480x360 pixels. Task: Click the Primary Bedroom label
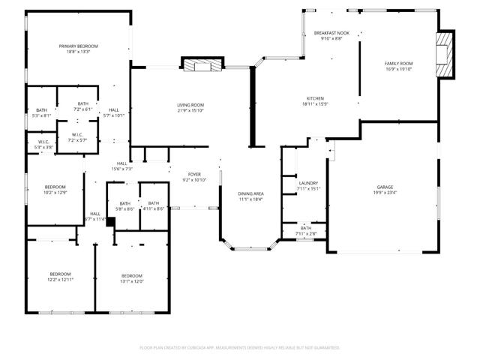tap(79, 46)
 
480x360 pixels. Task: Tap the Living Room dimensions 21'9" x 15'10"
tap(190, 111)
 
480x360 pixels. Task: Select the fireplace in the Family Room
tap(447, 55)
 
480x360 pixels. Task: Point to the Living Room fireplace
tap(203, 65)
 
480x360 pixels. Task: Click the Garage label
tap(385, 187)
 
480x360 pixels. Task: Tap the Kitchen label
tap(314, 98)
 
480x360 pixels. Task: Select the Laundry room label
tap(308, 183)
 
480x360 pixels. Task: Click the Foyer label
tap(193, 175)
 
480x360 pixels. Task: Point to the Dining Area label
tap(251, 193)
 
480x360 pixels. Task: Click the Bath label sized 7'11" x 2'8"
tap(306, 228)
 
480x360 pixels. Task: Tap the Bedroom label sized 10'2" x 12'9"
tap(55, 187)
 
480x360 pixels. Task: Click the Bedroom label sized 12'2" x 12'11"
tap(61, 274)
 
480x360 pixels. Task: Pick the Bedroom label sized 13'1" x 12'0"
tap(132, 274)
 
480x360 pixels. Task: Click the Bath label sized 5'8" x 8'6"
tap(124, 203)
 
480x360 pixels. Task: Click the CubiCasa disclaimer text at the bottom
tap(240, 348)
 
